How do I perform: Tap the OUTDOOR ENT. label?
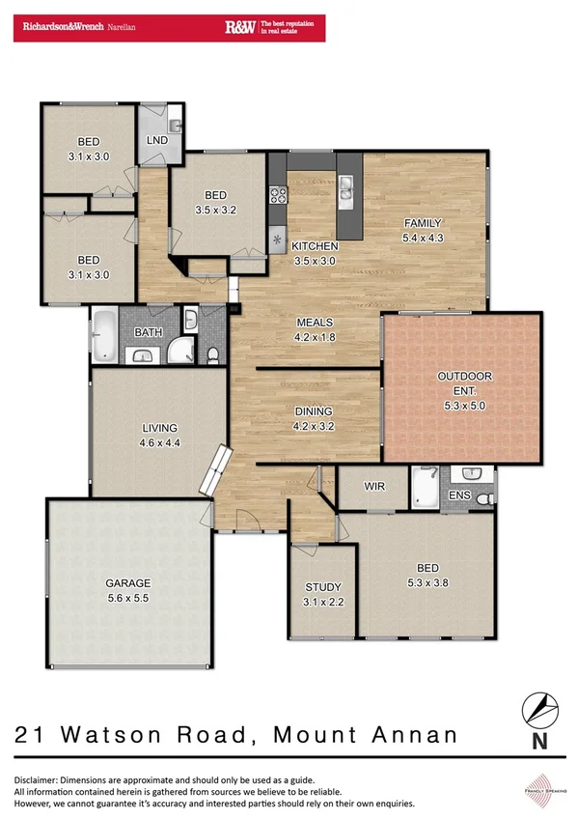pos(464,376)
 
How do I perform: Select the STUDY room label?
pos(323,587)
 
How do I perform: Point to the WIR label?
pos(374,486)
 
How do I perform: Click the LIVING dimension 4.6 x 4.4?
pos(160,443)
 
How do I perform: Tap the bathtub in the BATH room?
pos(103,335)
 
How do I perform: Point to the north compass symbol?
pos(539,711)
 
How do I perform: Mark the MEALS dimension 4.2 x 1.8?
pos(314,337)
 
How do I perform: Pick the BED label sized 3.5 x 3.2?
pos(215,209)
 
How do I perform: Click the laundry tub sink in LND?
pos(175,126)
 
